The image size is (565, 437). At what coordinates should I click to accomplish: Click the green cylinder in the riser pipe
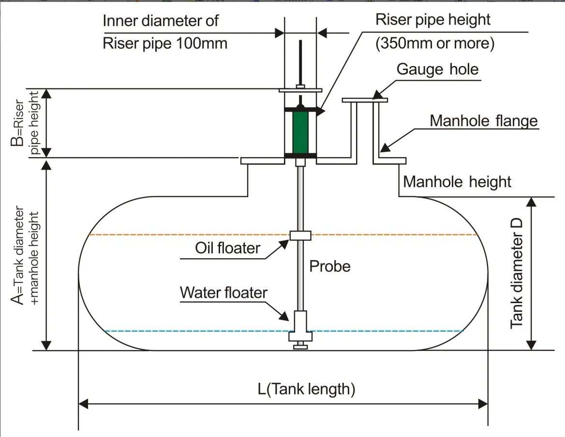coord(300,132)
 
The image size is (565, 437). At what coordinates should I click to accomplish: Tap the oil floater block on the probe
coord(300,235)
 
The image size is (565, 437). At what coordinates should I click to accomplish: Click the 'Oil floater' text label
coord(227,248)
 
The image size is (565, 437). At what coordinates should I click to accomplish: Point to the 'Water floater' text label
coord(223,292)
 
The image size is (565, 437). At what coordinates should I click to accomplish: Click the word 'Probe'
coord(330,266)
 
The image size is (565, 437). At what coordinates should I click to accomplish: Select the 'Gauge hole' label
coord(437,69)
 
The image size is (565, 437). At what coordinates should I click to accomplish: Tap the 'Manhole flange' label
coord(484,120)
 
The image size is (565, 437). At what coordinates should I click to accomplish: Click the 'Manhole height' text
coord(457,182)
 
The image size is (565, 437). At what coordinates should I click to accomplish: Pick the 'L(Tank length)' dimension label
coord(306,389)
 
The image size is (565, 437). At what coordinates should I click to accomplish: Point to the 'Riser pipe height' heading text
coord(433,20)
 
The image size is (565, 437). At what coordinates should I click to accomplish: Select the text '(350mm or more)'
coord(435,44)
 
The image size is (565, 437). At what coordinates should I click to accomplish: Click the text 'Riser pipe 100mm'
coord(165,44)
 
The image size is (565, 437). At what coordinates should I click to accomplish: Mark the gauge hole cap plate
coord(365,100)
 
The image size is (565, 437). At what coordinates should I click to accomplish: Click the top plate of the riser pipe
coord(300,90)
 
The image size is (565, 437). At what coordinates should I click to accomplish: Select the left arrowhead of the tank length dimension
coord(83,403)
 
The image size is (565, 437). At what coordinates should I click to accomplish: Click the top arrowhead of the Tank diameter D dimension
coord(531,202)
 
